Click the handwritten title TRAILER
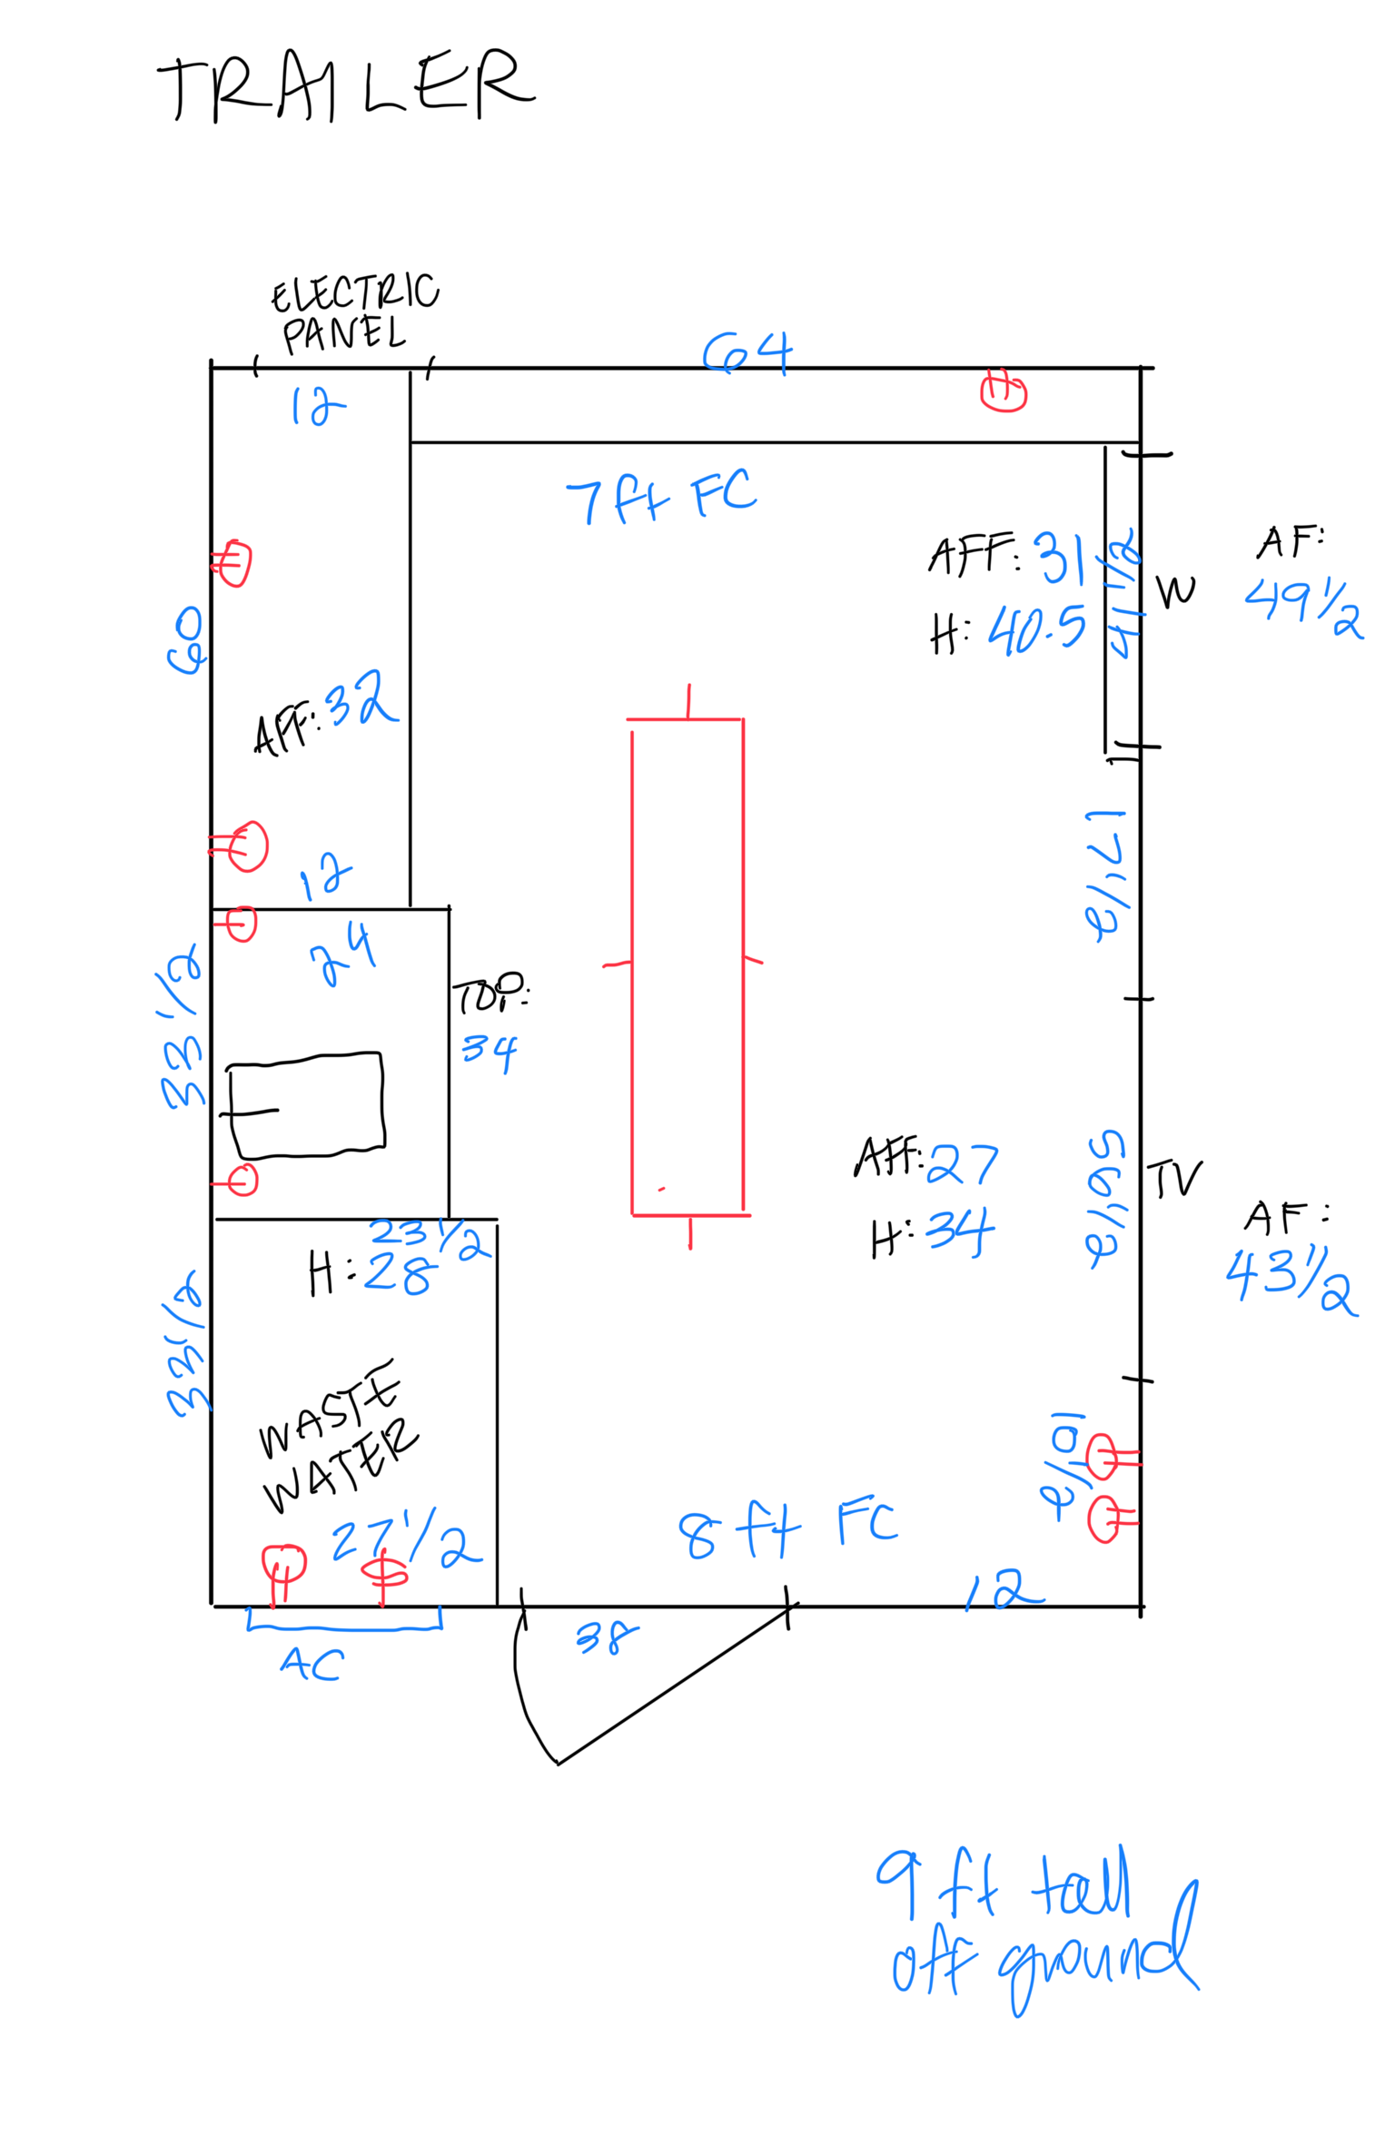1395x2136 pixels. (x=345, y=86)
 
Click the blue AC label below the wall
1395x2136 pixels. (x=312, y=1664)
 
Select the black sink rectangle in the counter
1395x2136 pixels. (x=306, y=1104)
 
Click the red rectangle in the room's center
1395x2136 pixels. (x=688, y=966)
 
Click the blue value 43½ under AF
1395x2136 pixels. (x=1291, y=1280)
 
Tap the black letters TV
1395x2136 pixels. (x=1173, y=1179)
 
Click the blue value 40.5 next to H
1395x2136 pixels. (x=1036, y=629)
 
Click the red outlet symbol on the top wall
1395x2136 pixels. (x=1004, y=391)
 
